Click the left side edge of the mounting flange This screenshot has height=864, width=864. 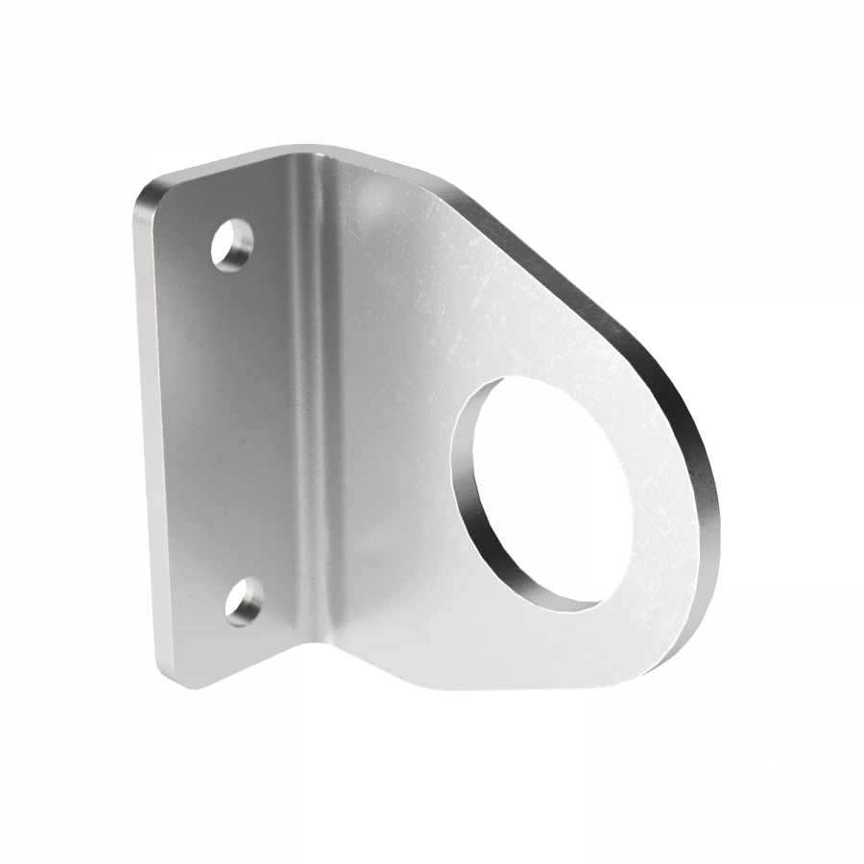144,432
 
